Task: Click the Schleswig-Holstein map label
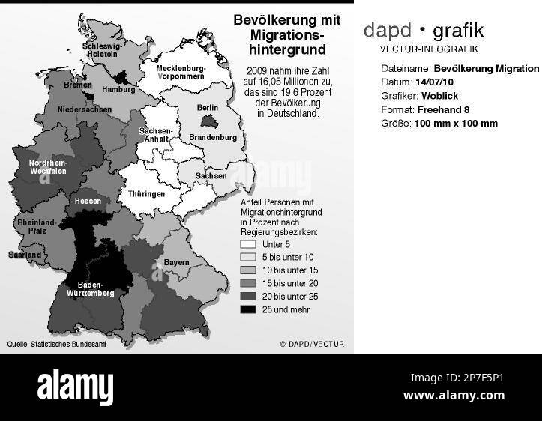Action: tap(102, 49)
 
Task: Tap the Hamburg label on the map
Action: tap(118, 89)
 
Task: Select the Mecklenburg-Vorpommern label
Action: tap(181, 73)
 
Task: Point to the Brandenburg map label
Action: tap(212, 138)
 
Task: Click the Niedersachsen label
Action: tap(84, 109)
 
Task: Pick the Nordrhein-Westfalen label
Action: tap(48, 167)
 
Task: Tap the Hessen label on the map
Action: tap(87, 202)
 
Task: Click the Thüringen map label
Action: tap(146, 193)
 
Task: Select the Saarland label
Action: tap(24, 255)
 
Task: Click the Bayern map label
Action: tap(176, 263)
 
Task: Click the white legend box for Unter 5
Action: tap(248, 244)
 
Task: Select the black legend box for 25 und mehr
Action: tap(248, 309)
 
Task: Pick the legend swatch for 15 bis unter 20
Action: tap(248, 283)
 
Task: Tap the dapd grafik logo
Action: tap(423, 31)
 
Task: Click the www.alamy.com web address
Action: tap(454, 396)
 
